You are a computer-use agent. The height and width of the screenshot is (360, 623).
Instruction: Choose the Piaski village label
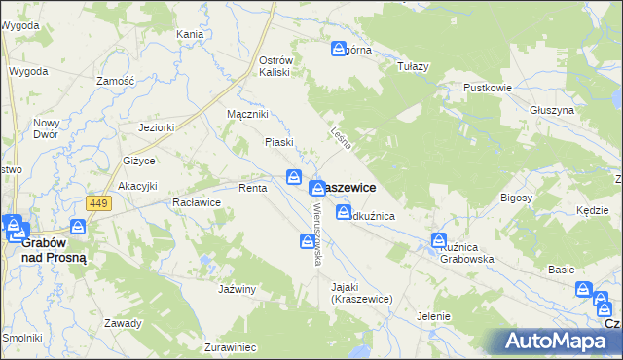pyautogui.click(x=279, y=142)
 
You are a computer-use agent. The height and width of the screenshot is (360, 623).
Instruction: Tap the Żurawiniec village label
pyautogui.click(x=230, y=346)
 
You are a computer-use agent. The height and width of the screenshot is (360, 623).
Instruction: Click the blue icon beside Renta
pyautogui.click(x=293, y=176)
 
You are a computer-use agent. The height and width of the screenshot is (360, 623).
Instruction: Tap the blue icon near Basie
pyautogui.click(x=583, y=289)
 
